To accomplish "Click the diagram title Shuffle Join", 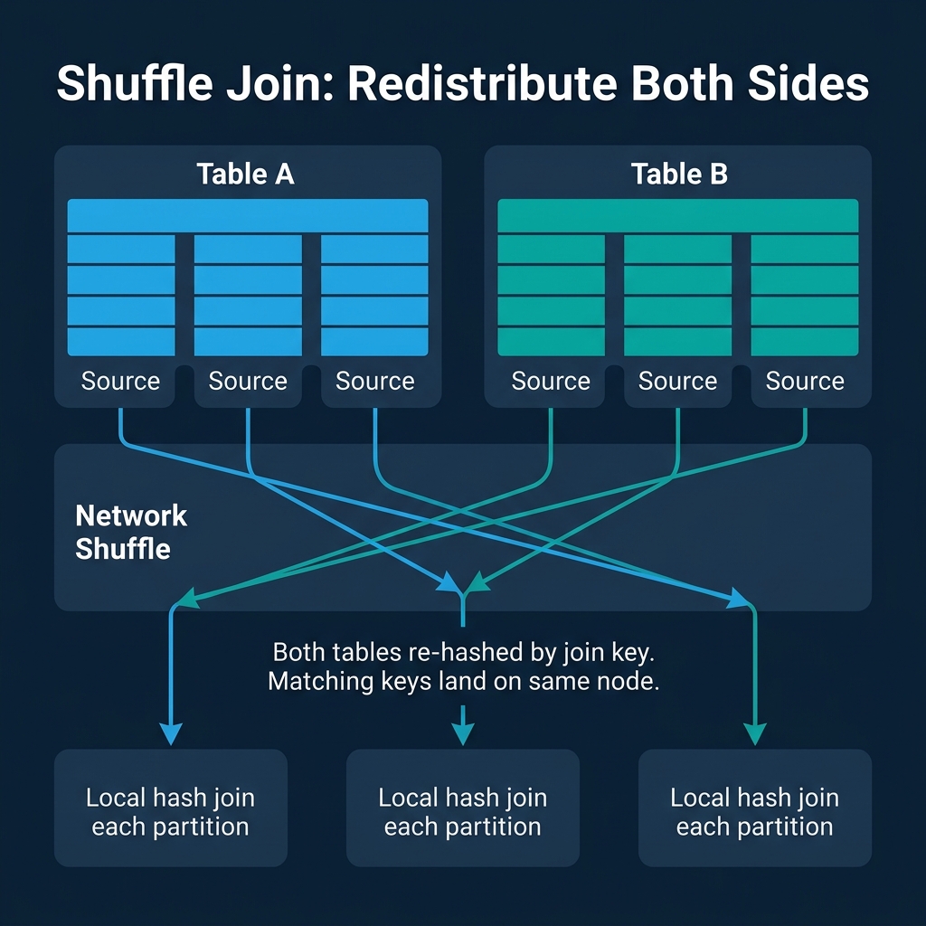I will [x=462, y=84].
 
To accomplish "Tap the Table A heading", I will [x=245, y=174].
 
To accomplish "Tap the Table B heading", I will [x=678, y=174].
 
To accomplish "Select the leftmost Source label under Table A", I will [x=120, y=382].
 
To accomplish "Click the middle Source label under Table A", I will [x=248, y=382].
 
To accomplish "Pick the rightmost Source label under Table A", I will [x=374, y=382].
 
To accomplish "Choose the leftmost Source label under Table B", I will [x=551, y=382].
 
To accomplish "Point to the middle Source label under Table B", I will [x=677, y=382].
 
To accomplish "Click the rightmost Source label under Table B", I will [x=805, y=382].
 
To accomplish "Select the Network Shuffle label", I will [x=131, y=533].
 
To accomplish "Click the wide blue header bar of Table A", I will [x=248, y=216].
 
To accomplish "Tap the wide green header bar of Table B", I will [x=677, y=216].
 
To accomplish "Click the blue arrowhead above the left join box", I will [x=170, y=732].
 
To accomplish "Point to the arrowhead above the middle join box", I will [x=462, y=732].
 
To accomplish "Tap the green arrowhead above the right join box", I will [x=754, y=732].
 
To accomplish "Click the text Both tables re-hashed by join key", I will [x=462, y=653].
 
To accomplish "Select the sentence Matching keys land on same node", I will [x=462, y=682].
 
